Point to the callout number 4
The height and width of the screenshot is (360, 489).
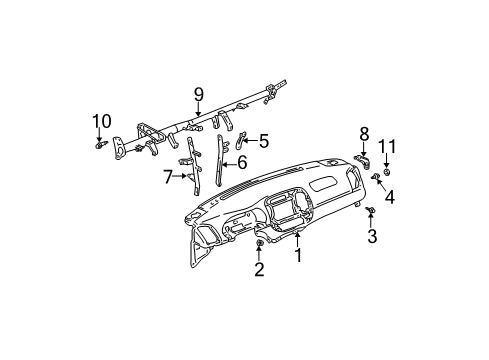[x=390, y=197]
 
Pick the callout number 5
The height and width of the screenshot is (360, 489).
[x=264, y=140]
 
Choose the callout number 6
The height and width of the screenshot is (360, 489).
[x=241, y=160]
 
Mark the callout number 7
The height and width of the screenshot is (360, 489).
[x=167, y=178]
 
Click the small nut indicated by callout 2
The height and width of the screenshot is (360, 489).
[x=260, y=244]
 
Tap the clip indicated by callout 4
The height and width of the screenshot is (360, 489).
[x=376, y=177]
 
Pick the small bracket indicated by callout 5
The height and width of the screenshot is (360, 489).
[x=240, y=140]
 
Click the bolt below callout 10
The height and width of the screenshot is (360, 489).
[x=100, y=146]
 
